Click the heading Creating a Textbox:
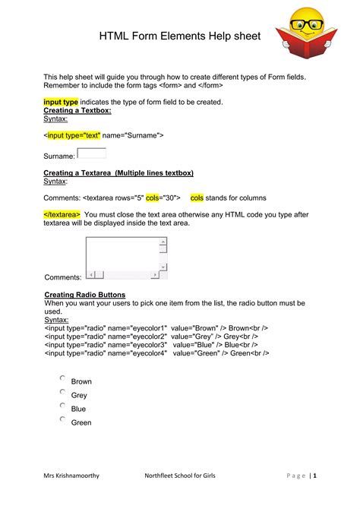(77, 110)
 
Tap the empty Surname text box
(92, 153)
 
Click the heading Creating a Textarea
(118, 173)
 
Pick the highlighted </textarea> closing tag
(62, 215)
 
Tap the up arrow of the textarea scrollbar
(163, 242)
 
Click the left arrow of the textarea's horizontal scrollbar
(90, 274)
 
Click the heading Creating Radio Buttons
(85, 294)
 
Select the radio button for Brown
(63, 378)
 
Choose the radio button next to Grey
(63, 392)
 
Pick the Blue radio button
(63, 406)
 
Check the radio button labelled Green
(63, 419)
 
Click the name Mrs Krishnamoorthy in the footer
(71, 476)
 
